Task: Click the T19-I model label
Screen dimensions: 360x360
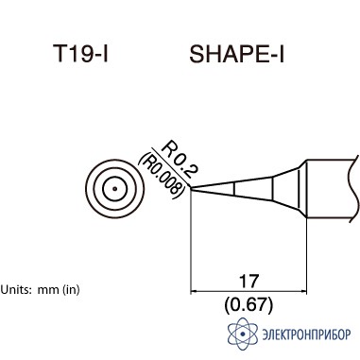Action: pyautogui.click(x=80, y=53)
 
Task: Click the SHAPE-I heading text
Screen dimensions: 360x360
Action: pyautogui.click(x=236, y=54)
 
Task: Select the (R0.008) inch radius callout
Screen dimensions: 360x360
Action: pyautogui.click(x=161, y=176)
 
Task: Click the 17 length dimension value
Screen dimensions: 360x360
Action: pyautogui.click(x=249, y=281)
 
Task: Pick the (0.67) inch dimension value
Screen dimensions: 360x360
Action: pyautogui.click(x=249, y=305)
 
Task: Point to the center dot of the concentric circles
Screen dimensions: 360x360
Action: pyautogui.click(x=115, y=189)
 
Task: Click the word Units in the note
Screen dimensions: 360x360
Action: pyautogui.click(x=16, y=289)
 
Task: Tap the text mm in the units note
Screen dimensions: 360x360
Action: pyautogui.click(x=48, y=290)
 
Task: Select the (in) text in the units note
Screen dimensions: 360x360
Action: pyautogui.click(x=71, y=289)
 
